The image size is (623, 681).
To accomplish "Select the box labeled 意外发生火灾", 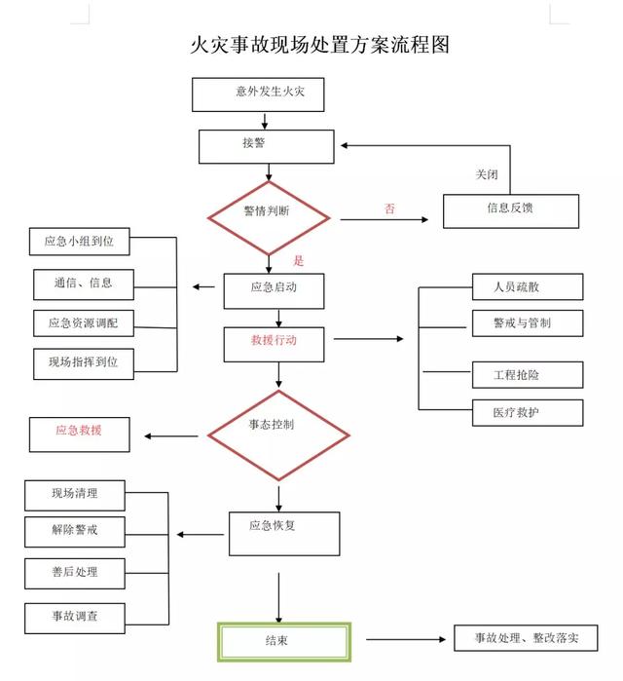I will (257, 94).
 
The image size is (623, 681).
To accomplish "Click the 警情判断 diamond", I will (272, 211).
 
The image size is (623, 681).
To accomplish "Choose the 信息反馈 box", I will (510, 210).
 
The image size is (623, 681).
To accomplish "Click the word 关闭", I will (487, 175).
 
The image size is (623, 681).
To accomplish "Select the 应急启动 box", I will (274, 289).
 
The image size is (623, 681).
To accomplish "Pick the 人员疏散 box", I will (528, 286).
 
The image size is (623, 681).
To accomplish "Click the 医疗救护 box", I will (528, 413).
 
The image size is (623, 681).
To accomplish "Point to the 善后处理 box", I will (75, 572).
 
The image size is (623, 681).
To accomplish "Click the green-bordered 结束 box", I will (282, 641).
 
